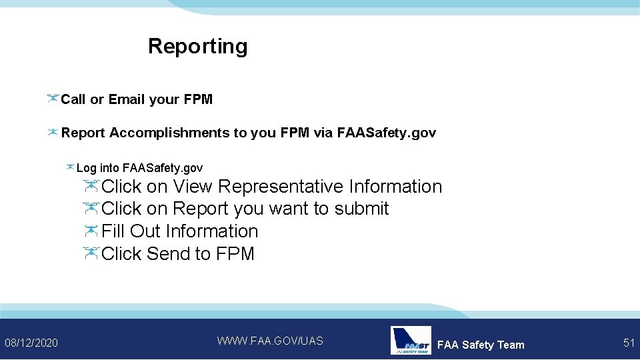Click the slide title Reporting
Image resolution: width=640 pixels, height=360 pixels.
(x=197, y=46)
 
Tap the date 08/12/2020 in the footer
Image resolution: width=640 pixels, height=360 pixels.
(x=31, y=343)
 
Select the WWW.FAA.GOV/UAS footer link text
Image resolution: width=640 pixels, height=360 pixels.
(x=270, y=341)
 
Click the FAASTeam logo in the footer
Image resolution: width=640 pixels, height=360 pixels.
(x=411, y=341)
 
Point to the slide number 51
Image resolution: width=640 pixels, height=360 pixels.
(x=629, y=343)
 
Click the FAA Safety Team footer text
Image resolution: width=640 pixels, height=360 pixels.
(x=481, y=345)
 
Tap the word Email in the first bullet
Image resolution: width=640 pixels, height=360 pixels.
(x=127, y=99)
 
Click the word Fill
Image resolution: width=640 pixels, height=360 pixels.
(x=113, y=231)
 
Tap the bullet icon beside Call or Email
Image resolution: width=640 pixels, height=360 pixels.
(x=53, y=99)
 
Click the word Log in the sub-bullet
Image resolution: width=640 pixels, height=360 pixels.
(x=86, y=168)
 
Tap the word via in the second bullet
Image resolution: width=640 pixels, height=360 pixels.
(x=323, y=133)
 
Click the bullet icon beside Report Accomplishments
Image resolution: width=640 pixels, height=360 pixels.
(x=52, y=132)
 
